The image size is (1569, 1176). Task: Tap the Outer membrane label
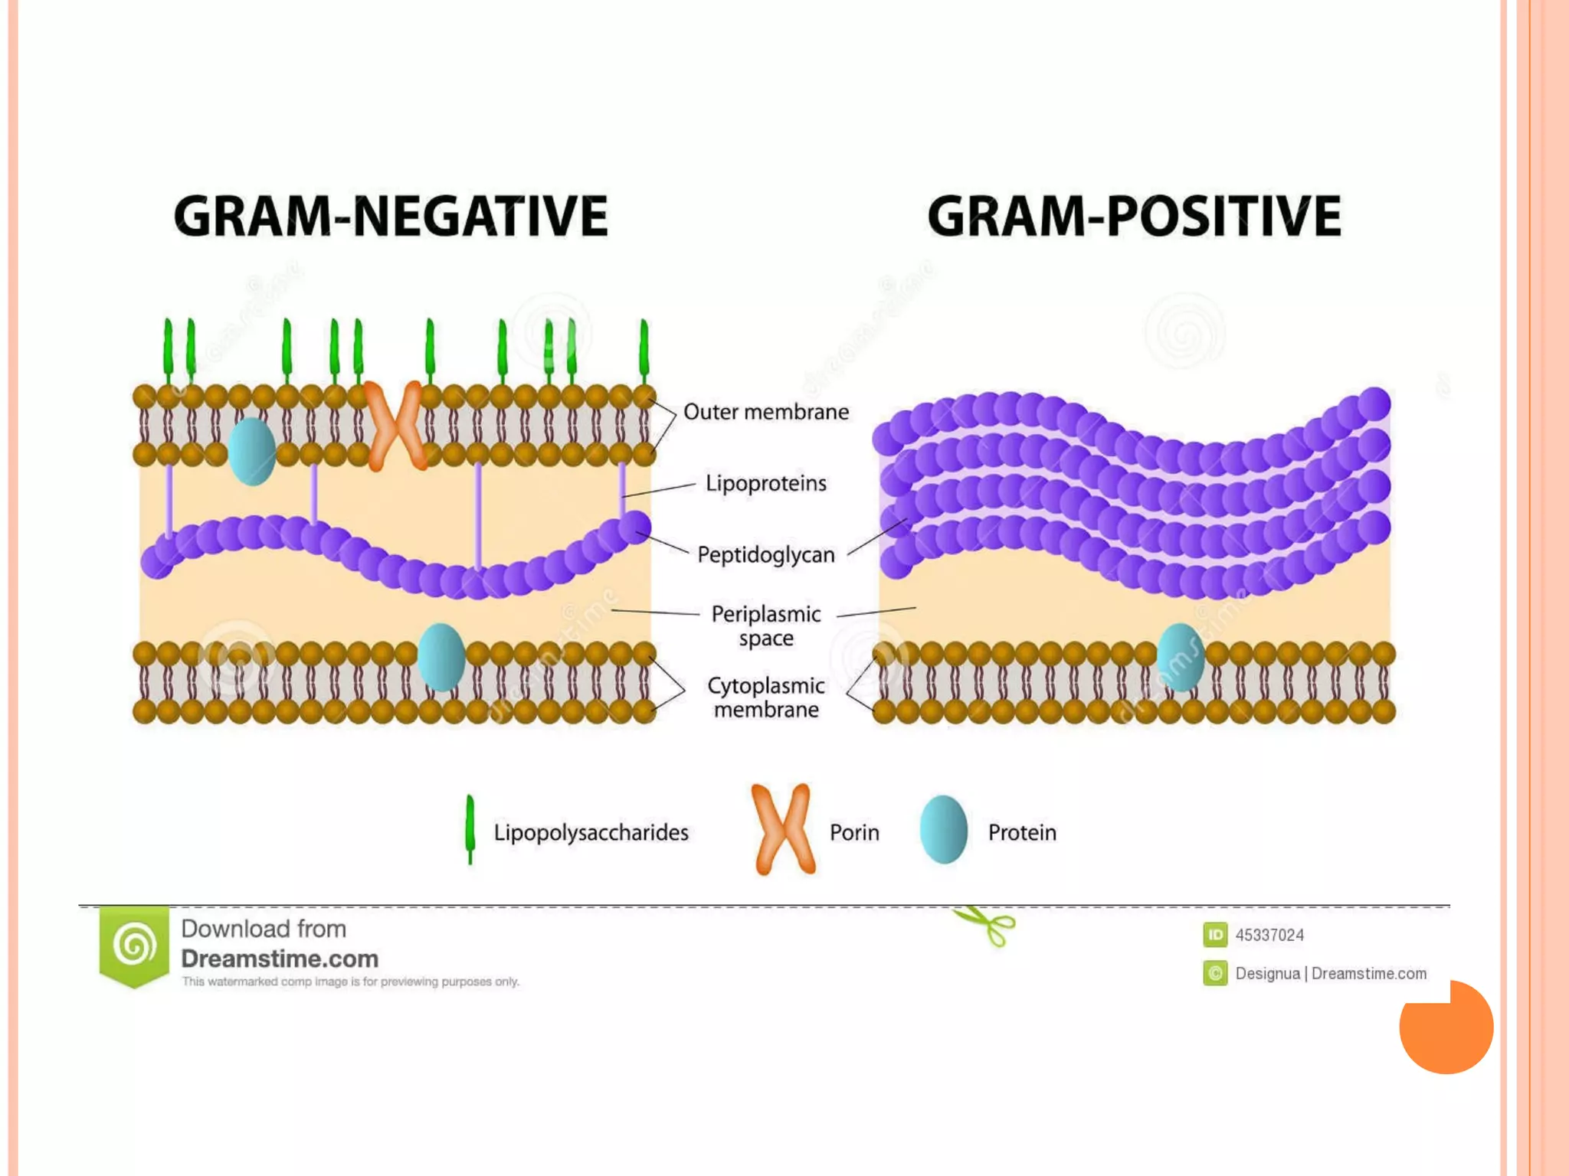tap(765, 412)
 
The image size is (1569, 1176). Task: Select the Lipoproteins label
tap(765, 483)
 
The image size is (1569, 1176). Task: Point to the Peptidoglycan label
tap(765, 554)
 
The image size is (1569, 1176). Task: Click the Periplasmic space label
tap(765, 626)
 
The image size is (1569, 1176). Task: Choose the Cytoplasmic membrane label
tap(765, 697)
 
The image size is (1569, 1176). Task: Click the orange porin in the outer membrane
tap(395, 425)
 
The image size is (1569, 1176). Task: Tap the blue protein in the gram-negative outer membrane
tap(252, 451)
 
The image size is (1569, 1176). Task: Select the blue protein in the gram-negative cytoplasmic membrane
tap(441, 657)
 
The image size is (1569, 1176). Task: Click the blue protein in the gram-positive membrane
tap(1180, 657)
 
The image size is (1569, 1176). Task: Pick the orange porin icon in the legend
tap(782, 829)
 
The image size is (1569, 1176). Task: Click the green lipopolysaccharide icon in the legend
tap(470, 830)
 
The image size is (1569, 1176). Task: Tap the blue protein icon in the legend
tap(943, 830)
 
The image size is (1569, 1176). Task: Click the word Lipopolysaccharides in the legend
tap(591, 832)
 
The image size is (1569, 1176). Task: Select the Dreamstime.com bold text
tap(280, 959)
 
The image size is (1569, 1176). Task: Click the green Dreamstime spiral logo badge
tap(134, 946)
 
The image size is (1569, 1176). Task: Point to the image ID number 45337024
tap(1269, 935)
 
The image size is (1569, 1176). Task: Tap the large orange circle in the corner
tap(1446, 1027)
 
